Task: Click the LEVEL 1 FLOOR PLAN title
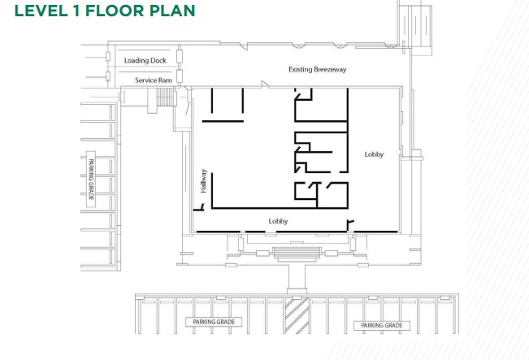click(105, 11)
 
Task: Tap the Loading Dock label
click(145, 60)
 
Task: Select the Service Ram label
click(154, 80)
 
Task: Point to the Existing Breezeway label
click(318, 70)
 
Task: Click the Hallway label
click(203, 181)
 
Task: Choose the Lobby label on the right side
click(374, 154)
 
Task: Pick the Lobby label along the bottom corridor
click(279, 221)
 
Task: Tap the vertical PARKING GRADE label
click(91, 179)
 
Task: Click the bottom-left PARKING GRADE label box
click(214, 322)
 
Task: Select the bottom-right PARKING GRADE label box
click(382, 326)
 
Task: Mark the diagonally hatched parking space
click(297, 315)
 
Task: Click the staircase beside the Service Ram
click(166, 97)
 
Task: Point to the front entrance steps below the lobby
click(297, 254)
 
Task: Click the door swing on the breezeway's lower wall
click(265, 84)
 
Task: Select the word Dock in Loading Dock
click(158, 60)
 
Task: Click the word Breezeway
click(330, 70)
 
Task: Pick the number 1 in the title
click(76, 11)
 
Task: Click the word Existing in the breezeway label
click(301, 70)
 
